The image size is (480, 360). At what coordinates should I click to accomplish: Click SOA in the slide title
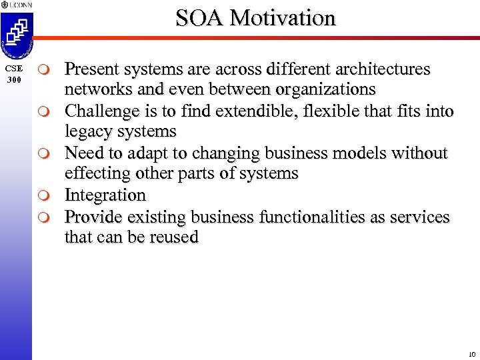tap(197, 17)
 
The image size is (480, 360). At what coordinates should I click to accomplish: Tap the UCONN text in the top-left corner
tap(19, 5)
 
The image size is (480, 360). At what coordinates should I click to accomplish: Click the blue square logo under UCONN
tap(16, 33)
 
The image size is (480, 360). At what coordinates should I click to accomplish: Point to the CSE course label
tap(13, 68)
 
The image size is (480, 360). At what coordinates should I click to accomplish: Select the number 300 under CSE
tap(13, 79)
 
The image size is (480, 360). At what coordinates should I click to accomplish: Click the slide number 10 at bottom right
tap(471, 353)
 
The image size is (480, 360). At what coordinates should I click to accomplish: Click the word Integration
tap(105, 195)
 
